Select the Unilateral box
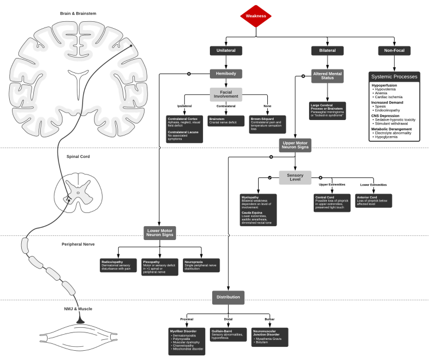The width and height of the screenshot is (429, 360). point(226,51)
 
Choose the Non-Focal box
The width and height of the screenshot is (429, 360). point(395,51)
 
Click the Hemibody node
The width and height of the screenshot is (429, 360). point(226,73)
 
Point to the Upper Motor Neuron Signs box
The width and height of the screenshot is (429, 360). point(295,145)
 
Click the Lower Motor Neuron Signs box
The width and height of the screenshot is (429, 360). point(159,233)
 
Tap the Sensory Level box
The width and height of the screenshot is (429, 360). point(295,177)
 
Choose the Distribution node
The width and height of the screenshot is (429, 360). point(228,297)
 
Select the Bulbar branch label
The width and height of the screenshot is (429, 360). point(270,319)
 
